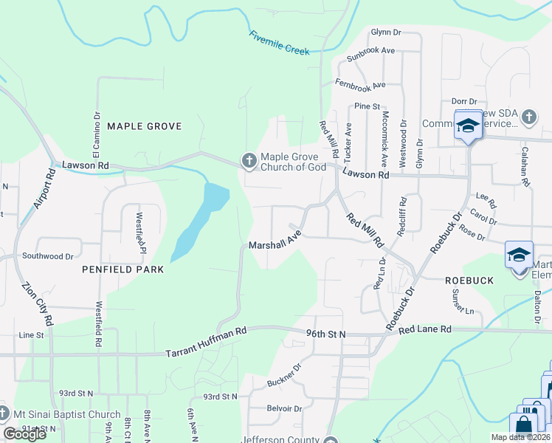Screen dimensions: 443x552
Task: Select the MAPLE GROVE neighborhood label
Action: click(145, 126)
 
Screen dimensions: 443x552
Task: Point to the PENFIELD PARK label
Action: click(123, 269)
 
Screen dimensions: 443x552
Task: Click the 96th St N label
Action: click(325, 334)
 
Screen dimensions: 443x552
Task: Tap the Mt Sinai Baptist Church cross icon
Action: click(5, 414)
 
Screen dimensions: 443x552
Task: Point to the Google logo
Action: click(25, 434)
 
